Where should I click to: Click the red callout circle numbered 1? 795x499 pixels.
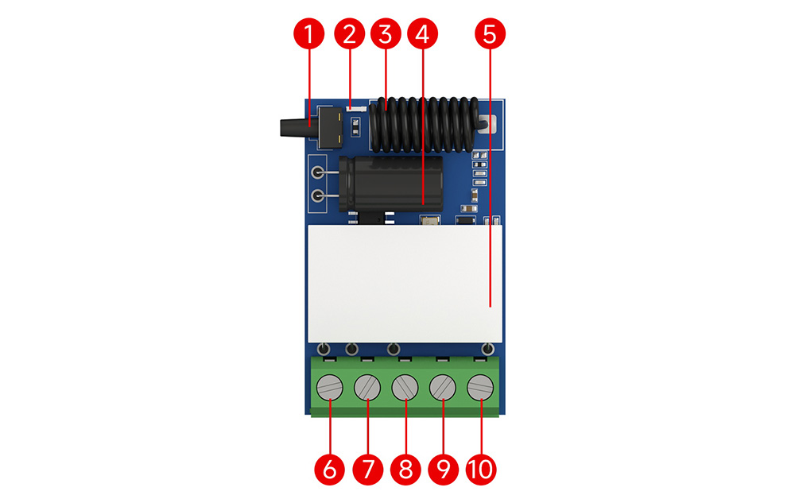[310, 35]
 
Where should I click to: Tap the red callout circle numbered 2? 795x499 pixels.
[348, 35]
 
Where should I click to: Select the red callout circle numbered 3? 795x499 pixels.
[386, 35]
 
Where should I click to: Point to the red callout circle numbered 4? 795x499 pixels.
[422, 35]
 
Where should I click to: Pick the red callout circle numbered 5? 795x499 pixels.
[490, 35]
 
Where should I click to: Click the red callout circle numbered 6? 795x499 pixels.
[329, 470]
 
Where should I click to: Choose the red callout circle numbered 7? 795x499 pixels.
[367, 470]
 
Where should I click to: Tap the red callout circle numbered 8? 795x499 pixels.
[405, 470]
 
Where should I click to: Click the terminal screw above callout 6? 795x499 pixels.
[329, 389]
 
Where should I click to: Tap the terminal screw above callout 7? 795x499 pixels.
[367, 389]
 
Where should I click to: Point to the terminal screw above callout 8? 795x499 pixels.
[405, 389]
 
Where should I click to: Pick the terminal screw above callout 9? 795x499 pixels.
[443, 389]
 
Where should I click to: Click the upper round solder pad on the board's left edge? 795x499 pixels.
[318, 172]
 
